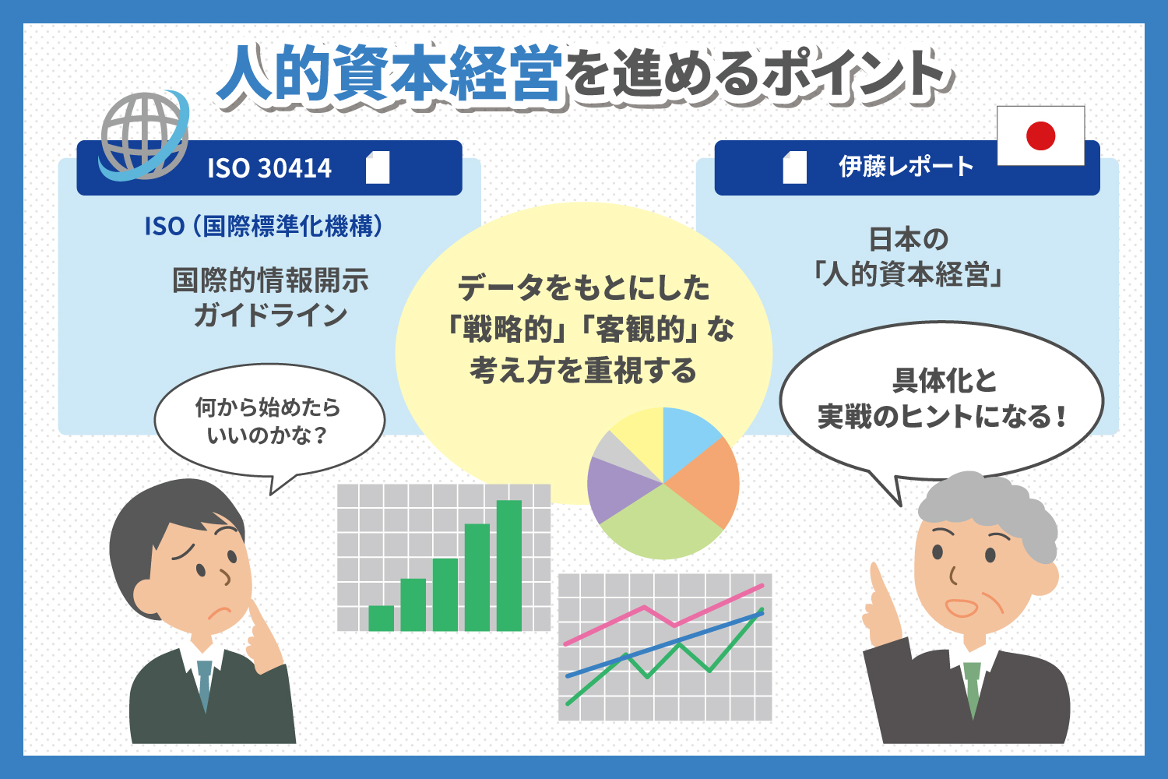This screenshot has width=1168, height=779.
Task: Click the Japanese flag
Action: click(1041, 136)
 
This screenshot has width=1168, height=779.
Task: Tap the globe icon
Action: click(144, 136)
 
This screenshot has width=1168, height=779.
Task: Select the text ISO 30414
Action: click(269, 168)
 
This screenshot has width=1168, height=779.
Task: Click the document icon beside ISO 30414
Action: click(378, 167)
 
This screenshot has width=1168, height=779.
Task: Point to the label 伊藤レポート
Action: click(906, 167)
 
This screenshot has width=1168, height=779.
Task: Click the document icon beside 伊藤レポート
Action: click(795, 167)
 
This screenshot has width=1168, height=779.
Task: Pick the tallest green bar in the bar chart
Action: click(509, 566)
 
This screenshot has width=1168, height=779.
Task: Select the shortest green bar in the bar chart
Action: click(382, 619)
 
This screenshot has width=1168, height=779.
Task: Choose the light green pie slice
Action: click(661, 524)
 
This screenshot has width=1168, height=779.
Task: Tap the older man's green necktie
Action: click(972, 689)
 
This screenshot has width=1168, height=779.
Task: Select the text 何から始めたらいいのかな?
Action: click(268, 421)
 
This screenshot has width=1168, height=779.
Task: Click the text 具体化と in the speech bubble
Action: click(945, 380)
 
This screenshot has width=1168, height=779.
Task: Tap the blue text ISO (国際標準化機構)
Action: click(264, 227)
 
